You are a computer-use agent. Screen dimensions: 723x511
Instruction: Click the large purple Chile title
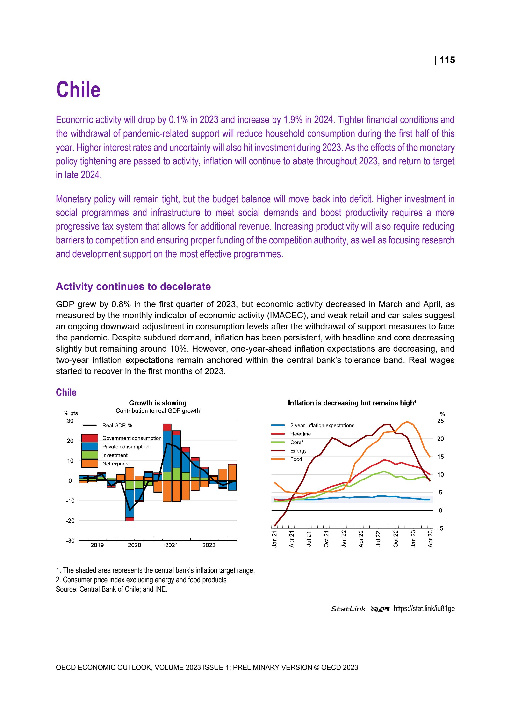coord(78,90)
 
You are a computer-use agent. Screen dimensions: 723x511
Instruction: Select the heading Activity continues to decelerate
coord(133,287)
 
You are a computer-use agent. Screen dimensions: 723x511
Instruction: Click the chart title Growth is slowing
coord(158,403)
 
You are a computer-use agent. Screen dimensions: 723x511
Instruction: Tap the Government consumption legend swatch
coord(90,438)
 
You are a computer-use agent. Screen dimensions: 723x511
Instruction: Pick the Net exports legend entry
coord(115,464)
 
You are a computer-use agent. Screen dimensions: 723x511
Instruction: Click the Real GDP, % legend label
coord(117,425)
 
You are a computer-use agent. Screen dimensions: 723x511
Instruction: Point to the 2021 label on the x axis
coord(172,545)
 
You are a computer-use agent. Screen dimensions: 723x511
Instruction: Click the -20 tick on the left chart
coord(70,521)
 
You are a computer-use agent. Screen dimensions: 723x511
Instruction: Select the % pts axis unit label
coord(71,413)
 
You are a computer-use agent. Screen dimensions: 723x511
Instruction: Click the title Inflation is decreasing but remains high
coord(352,403)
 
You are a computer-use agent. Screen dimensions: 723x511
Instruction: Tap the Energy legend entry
coord(298,451)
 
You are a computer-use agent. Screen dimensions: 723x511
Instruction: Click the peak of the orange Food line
coord(407,422)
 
